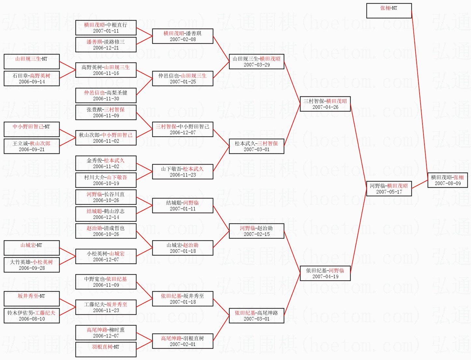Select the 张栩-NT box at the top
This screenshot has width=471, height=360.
389,11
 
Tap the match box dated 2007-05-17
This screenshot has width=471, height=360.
389,189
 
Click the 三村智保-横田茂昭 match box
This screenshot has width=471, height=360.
325,104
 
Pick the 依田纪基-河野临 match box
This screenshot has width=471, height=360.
325,273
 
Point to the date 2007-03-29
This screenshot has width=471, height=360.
256,65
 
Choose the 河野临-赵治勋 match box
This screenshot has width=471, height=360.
256,231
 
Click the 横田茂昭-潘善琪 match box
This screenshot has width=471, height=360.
183,36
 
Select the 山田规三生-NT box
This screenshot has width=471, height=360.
32,62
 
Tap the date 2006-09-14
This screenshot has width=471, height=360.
32,82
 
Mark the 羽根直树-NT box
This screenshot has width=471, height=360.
106,350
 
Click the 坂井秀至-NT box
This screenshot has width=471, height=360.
32,299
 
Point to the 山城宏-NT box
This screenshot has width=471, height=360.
32,248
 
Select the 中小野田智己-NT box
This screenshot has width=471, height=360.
32,129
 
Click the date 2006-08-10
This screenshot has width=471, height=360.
32,319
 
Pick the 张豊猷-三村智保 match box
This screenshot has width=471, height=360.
106,112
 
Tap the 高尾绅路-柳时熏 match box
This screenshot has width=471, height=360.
106,333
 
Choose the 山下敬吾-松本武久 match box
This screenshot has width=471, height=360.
183,172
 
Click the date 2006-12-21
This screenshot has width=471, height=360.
106,48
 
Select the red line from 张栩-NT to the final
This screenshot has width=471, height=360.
420,94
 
